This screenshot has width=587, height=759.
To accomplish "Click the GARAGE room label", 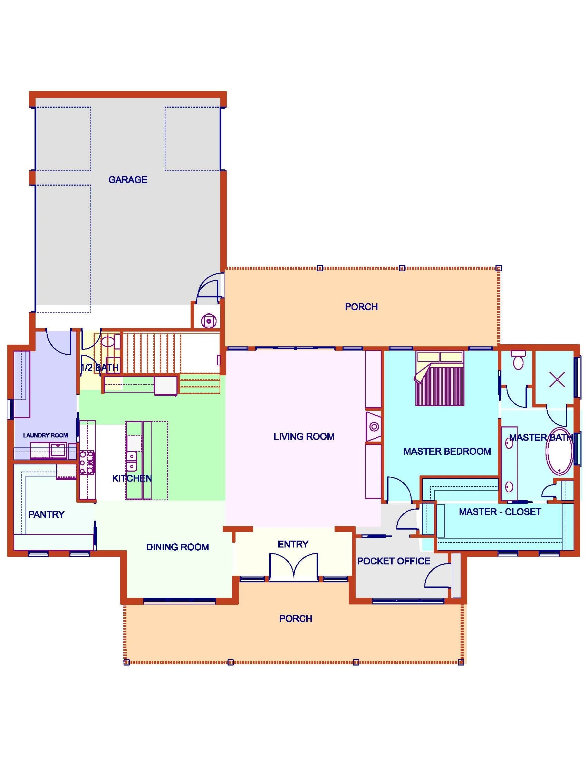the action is point(128,180).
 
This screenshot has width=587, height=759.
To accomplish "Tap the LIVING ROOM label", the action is point(304,436).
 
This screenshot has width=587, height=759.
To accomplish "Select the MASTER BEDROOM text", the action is point(447,451).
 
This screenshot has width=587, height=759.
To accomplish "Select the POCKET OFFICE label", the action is point(393,561).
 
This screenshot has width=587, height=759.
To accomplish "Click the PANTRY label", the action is point(46,514).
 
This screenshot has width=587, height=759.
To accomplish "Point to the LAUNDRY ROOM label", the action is point(45,435).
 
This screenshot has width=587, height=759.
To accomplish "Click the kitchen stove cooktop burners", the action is point(87,462).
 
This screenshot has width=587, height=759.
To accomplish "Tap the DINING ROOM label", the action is point(177,547).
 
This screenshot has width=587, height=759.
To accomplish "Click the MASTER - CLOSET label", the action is point(500,512).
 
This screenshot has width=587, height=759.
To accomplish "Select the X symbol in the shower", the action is point(557,379).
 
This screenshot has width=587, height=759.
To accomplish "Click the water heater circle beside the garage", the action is point(209,321).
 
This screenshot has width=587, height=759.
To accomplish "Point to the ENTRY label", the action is point(293,544).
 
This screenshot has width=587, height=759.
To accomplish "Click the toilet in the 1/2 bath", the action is point(108,341).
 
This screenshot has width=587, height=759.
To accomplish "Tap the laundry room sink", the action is point(58,450).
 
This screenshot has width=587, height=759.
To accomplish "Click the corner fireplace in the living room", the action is point(374,426).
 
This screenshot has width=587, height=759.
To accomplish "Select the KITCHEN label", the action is point(132,478).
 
